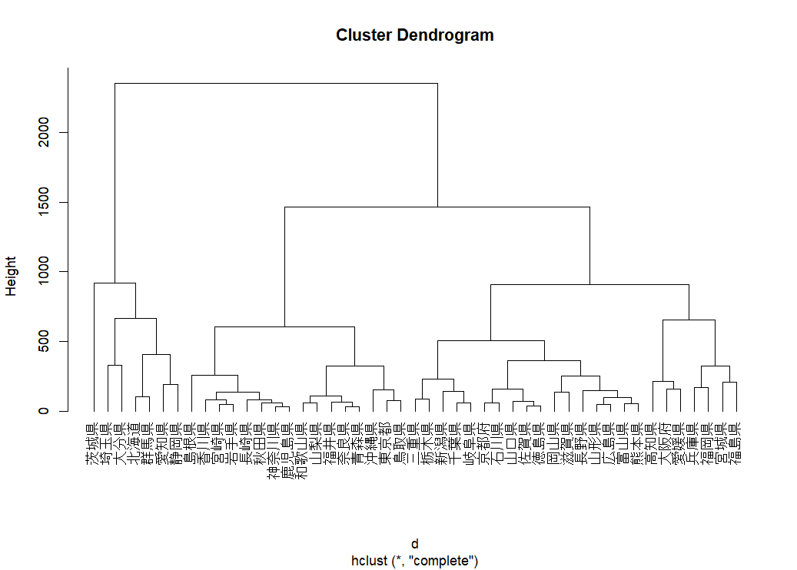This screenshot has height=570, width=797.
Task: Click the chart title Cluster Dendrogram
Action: (x=414, y=35)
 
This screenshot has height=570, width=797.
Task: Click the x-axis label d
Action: (x=414, y=544)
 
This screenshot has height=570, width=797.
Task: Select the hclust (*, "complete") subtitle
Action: (x=414, y=561)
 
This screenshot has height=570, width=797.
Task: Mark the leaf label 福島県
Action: (x=736, y=444)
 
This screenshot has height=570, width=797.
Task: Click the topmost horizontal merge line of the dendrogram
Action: (x=276, y=83)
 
